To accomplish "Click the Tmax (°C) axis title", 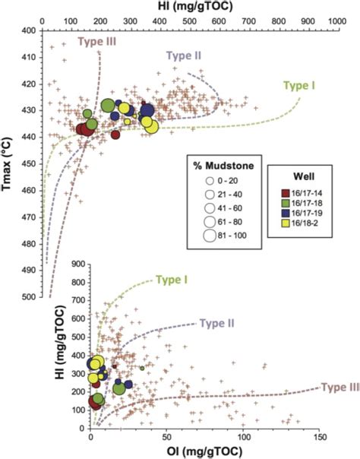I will [10, 169].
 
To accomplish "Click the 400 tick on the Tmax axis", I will [29, 30].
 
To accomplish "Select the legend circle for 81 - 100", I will [207, 235].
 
